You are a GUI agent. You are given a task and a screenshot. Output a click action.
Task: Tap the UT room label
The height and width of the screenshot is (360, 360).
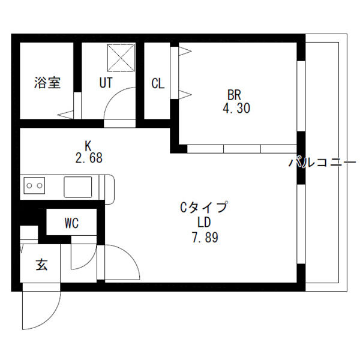[106, 83]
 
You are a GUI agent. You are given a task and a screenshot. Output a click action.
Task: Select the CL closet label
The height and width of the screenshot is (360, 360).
[158, 83]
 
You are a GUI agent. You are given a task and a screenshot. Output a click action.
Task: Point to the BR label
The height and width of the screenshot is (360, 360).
[235, 95]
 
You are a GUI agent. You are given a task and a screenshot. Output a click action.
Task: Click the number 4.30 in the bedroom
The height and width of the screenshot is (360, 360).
[235, 109]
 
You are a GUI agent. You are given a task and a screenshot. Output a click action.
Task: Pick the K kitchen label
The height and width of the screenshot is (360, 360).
[88, 145]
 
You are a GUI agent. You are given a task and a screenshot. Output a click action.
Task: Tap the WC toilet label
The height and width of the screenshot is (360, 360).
[71, 224]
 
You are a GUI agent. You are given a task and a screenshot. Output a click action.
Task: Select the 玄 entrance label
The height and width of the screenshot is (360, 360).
[41, 264]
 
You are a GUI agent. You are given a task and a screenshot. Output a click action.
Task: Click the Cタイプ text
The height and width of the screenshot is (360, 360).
[205, 208]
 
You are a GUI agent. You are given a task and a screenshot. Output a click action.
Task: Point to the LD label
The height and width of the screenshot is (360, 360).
[204, 222]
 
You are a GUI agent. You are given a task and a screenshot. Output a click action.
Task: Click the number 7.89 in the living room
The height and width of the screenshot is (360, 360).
[204, 237]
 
